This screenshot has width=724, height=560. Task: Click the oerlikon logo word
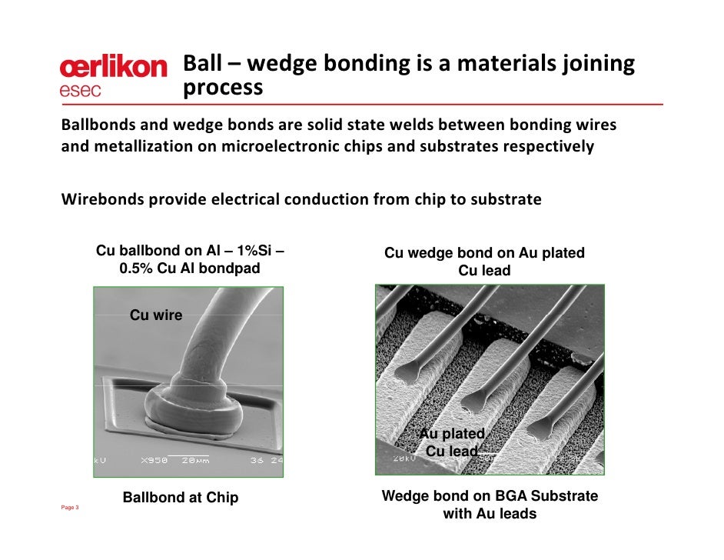point(113,68)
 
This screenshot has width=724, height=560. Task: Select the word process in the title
point(223,88)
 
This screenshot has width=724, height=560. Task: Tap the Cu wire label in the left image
point(156,315)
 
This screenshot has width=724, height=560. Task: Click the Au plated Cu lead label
point(452,443)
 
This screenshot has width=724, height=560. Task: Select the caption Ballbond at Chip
point(181,498)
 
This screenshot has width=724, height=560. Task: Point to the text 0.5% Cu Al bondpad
point(190,268)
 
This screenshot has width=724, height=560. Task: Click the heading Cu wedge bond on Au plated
point(484,253)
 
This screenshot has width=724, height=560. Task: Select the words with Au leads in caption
point(490,514)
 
